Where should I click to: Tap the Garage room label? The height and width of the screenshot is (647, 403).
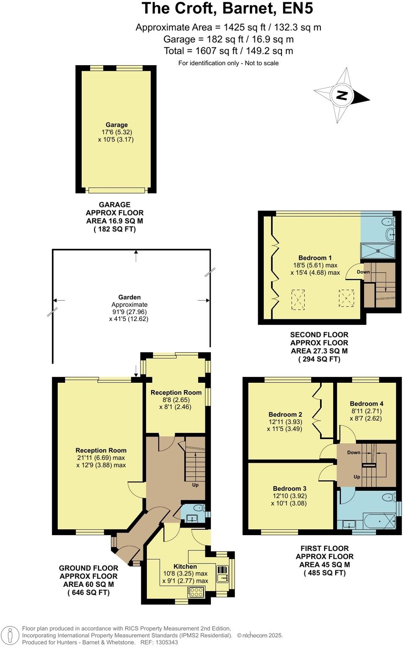click(116, 125)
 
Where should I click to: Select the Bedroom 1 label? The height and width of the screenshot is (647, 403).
click(315, 258)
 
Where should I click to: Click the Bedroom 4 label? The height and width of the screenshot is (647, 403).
click(367, 404)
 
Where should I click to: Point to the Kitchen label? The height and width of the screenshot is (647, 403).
click(185, 567)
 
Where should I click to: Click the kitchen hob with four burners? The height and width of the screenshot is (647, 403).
click(196, 592)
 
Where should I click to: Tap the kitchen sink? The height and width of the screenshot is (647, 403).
click(222, 574)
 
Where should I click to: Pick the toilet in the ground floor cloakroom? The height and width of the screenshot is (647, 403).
click(198, 508)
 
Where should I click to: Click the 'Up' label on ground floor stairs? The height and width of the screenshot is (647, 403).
click(195, 485)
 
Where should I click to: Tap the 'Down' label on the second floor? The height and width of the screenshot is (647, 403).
click(363, 272)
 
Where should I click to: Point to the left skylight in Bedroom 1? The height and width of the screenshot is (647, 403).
click(298, 298)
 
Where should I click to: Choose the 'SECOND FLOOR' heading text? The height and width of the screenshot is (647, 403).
click(319, 335)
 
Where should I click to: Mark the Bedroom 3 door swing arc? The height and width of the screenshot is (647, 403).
click(327, 471)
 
